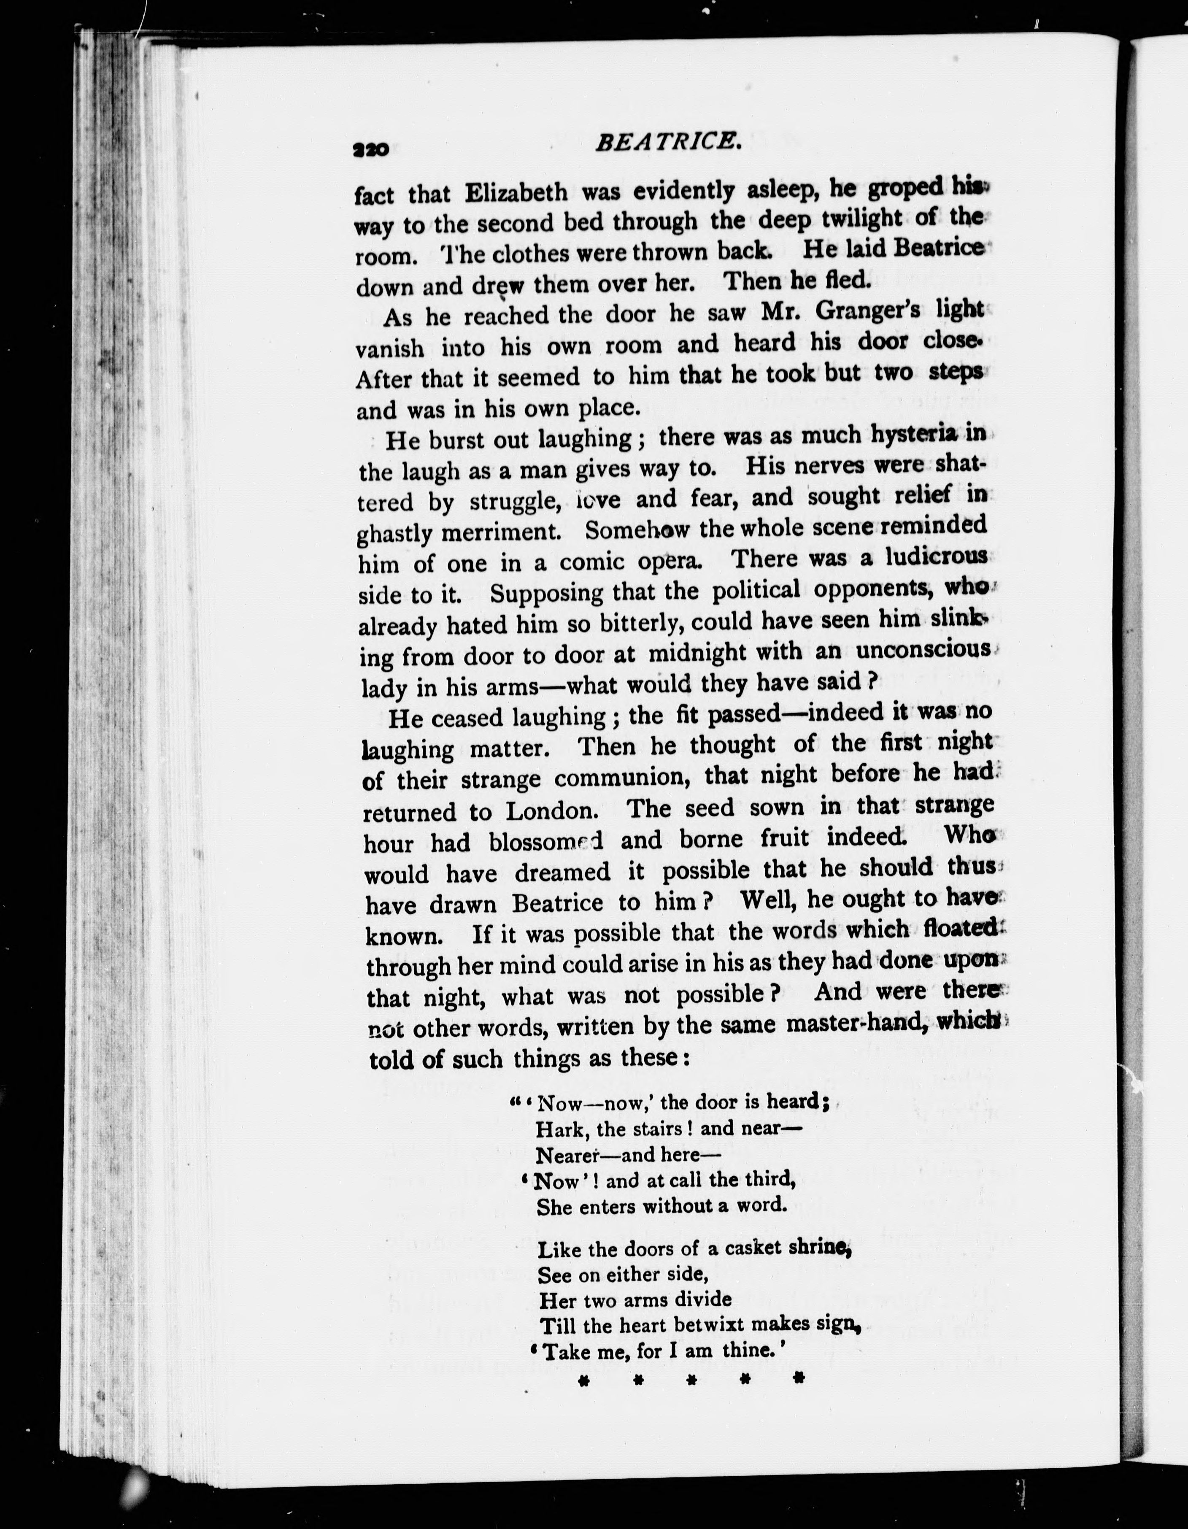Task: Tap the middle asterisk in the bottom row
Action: click(x=690, y=1380)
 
